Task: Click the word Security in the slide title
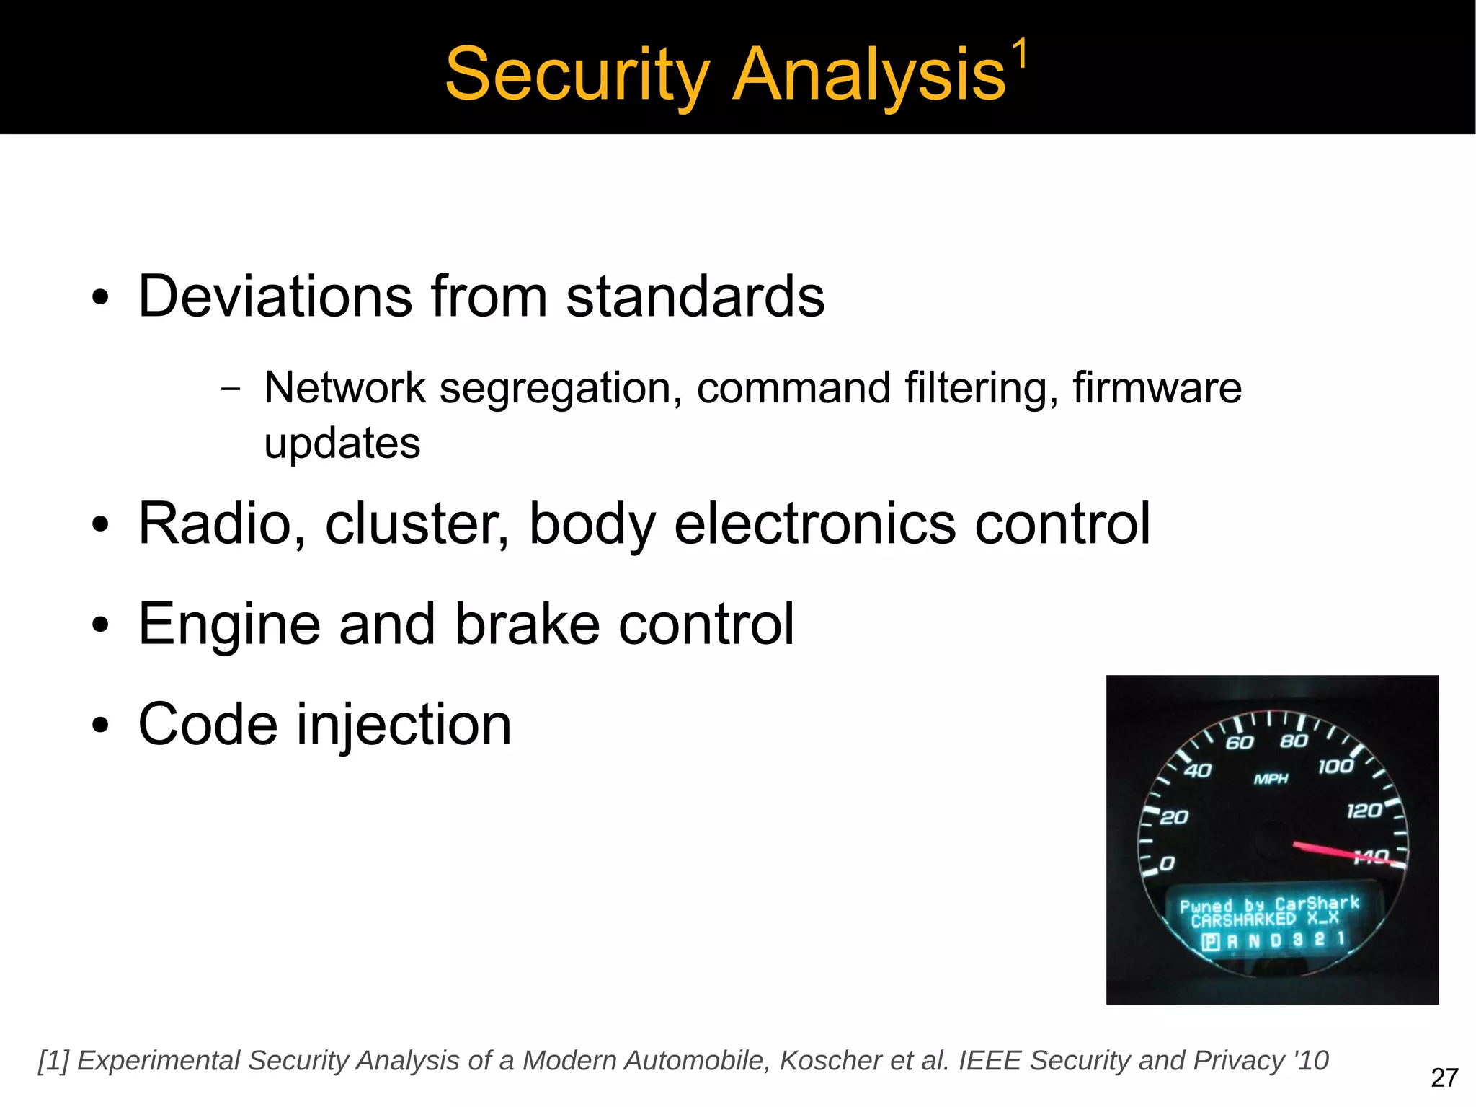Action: (x=577, y=75)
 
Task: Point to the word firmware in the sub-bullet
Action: (x=1157, y=388)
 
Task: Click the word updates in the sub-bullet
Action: (x=342, y=443)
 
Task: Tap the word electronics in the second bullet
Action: (x=814, y=524)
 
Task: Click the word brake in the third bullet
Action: (x=527, y=624)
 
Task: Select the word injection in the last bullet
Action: (x=404, y=725)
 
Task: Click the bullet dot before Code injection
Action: (x=100, y=726)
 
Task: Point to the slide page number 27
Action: (x=1444, y=1078)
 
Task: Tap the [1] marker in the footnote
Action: (x=53, y=1061)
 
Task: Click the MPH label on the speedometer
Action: (x=1271, y=779)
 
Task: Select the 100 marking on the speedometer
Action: (x=1335, y=767)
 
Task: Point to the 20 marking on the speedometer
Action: (x=1174, y=817)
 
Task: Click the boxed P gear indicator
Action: (x=1211, y=942)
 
